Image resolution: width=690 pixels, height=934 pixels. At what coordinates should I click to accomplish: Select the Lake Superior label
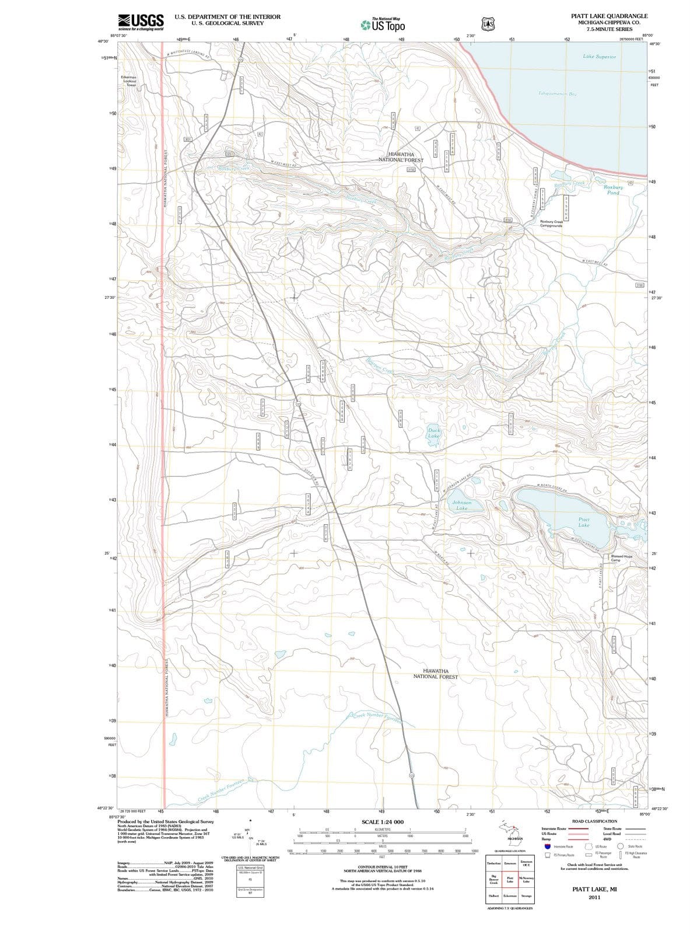599,57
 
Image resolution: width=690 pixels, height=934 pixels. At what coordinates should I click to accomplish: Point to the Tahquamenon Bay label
557,93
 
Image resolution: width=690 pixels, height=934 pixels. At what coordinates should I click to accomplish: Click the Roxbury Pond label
613,190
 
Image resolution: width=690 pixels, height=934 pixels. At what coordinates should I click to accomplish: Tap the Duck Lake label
434,433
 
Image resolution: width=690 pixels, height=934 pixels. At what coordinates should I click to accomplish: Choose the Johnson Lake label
461,505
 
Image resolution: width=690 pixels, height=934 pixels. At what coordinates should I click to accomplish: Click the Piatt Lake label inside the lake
584,522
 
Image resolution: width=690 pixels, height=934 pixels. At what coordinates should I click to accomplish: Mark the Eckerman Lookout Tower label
129,81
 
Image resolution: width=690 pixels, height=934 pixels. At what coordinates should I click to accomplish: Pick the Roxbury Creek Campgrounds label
551,224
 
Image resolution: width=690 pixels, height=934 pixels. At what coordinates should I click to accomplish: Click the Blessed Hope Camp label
621,558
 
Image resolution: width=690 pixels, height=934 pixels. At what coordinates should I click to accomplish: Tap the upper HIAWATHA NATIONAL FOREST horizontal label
401,157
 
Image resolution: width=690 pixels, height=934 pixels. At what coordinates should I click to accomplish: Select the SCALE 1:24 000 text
383,823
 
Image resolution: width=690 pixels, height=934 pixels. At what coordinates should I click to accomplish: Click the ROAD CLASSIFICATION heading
594,821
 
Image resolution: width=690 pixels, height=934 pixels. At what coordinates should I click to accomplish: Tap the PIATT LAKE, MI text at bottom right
594,889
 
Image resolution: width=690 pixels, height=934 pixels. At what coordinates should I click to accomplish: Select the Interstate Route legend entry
554,829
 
